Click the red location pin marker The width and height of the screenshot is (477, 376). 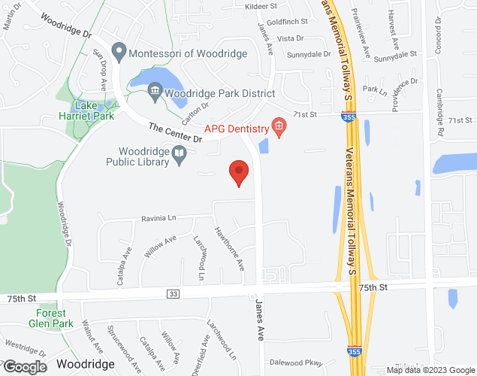point(239,172)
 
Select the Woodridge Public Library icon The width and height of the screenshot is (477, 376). point(180,155)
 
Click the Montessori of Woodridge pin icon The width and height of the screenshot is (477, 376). point(118,53)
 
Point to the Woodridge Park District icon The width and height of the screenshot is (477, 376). point(155,93)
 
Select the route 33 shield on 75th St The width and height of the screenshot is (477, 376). point(174,293)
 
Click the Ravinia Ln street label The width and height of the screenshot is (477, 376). point(158,218)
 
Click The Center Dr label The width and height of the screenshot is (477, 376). point(175,133)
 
